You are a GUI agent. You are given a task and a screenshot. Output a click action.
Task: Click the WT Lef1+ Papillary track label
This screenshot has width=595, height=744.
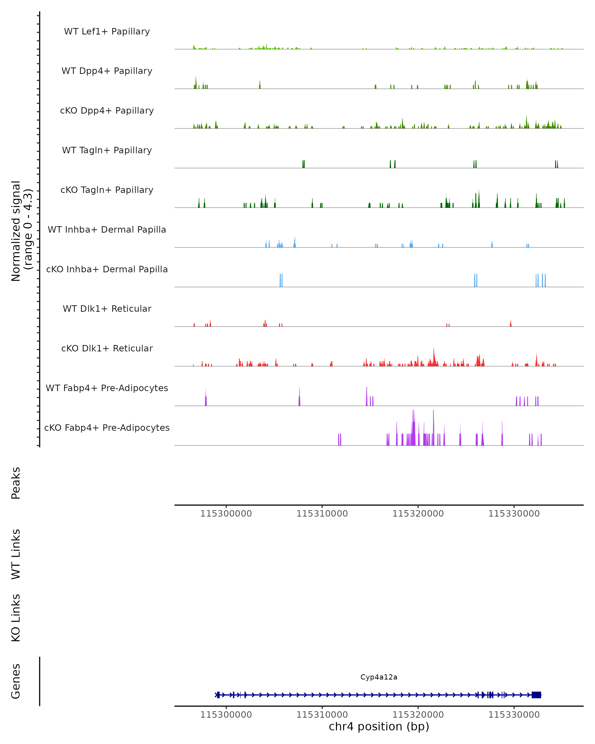tap(107, 31)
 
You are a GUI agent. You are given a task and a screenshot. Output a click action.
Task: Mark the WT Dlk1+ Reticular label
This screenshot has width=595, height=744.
tap(107, 309)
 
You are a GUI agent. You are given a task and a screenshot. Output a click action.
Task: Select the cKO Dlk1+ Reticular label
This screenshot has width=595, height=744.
tap(107, 348)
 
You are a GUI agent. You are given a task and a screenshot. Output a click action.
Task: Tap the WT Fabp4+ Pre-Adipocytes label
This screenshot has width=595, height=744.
tap(107, 388)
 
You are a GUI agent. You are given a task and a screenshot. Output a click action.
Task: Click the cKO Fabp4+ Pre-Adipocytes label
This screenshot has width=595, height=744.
tap(107, 428)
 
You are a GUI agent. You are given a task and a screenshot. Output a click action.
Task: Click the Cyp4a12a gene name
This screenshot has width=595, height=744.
tap(379, 677)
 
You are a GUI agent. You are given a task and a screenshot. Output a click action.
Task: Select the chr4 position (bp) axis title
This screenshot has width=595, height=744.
tap(379, 726)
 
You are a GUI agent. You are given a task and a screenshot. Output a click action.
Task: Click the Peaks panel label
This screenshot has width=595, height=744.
tap(16, 483)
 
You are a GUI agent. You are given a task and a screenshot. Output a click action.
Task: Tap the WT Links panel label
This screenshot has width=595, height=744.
tap(16, 554)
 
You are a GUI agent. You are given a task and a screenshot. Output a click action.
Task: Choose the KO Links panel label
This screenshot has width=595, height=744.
tap(16, 618)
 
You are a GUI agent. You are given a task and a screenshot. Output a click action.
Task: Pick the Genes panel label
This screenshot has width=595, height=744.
tap(16, 681)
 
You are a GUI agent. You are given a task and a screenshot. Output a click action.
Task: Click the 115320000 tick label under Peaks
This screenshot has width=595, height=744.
tap(418, 514)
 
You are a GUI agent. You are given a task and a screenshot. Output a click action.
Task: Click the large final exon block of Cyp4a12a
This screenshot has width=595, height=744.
tap(536, 695)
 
